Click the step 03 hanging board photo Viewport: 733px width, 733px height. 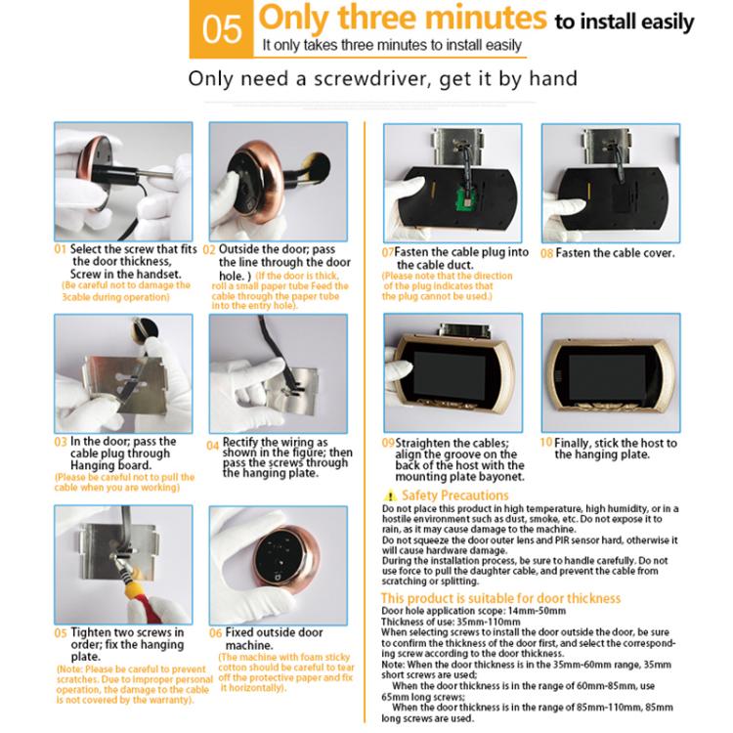tap(122, 371)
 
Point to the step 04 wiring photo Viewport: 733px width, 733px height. tap(279, 371)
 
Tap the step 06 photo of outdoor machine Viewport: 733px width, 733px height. tap(279, 564)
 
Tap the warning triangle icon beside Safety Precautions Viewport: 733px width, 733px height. tap(391, 496)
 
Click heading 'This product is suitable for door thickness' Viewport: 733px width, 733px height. tap(500, 597)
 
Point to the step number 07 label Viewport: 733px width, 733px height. tap(388, 252)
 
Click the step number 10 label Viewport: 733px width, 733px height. tap(546, 443)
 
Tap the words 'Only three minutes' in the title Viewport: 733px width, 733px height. tap(402, 19)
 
